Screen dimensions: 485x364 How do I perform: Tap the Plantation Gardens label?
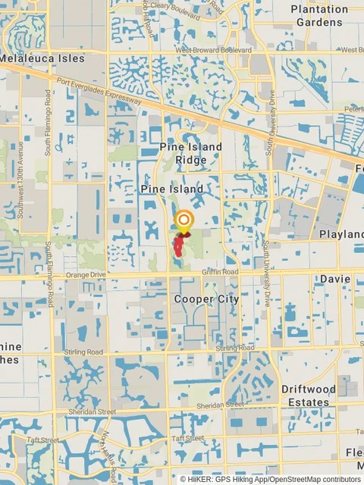319,16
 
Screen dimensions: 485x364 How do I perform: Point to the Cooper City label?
206,299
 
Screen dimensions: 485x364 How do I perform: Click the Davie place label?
334,279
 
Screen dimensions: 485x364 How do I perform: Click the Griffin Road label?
221,271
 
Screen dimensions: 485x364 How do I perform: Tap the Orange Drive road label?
83,275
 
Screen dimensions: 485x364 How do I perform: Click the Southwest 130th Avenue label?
22,164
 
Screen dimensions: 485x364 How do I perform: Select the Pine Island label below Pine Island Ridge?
171,188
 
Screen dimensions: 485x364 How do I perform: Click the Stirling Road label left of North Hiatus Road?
83,352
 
